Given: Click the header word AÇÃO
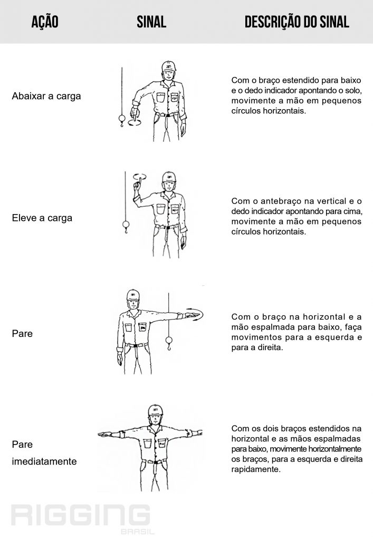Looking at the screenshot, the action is [45, 22].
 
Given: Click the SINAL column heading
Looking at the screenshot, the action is [151, 22].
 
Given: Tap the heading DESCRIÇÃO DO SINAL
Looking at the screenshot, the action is [297, 22].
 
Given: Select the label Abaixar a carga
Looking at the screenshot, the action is [46, 96].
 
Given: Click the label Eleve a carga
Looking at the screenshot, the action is [42, 218].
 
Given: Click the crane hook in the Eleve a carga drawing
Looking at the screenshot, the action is [126, 227].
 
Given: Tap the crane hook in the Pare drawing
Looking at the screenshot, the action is [169, 343].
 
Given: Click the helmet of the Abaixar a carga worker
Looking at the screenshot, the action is [169, 66].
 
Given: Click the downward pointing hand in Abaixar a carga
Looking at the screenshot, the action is [133, 113].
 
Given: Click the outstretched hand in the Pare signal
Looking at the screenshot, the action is [190, 315].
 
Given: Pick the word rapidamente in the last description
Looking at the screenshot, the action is [256, 469].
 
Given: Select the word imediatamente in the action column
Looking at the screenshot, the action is [44, 461].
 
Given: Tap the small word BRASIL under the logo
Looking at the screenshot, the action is [137, 532].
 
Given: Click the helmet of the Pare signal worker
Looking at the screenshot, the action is [133, 295].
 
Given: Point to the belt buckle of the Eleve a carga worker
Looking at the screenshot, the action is [167, 228].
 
